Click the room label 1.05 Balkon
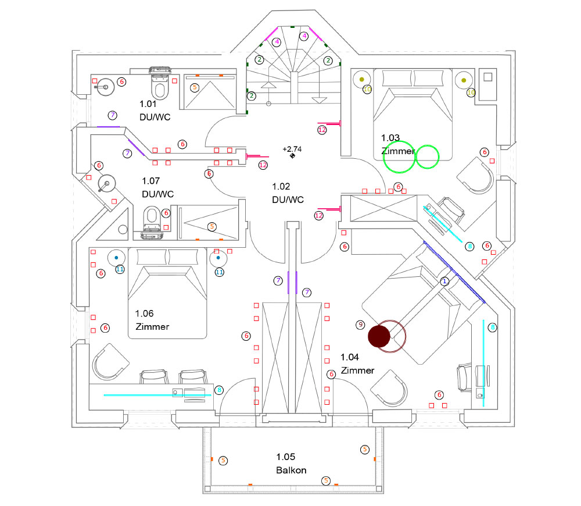290,464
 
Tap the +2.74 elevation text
292,149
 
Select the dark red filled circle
379,336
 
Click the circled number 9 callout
360,324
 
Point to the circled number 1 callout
445,281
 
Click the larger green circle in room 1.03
399,157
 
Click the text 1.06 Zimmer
152,320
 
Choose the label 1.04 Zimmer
357,364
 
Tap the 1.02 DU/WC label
288,193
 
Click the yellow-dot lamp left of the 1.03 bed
362,79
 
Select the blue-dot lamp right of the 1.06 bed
218,256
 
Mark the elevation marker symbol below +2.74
293,156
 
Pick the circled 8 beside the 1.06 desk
219,390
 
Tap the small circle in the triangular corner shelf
123,230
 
